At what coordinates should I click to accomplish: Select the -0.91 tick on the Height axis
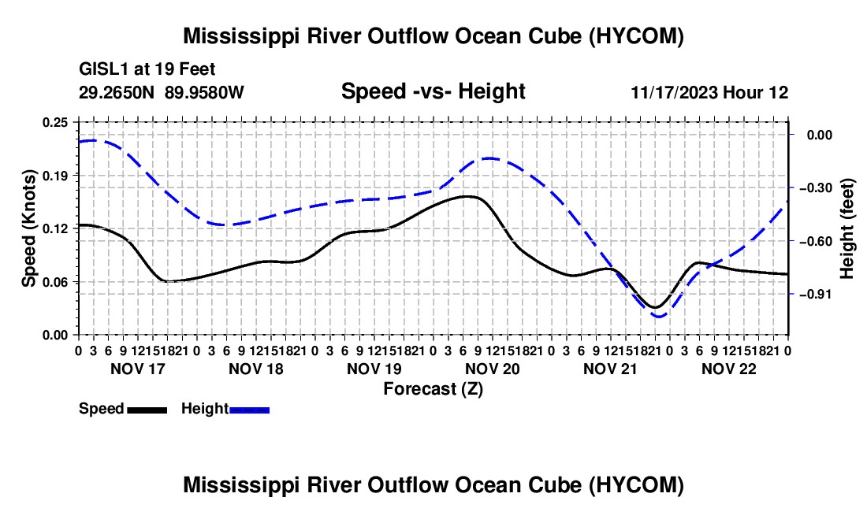816,295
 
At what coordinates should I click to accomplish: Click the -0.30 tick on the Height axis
816,188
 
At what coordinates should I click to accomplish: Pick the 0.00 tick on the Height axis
820,135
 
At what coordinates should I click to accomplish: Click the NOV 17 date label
138,369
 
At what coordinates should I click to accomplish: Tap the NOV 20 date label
492,369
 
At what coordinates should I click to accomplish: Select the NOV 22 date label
729,369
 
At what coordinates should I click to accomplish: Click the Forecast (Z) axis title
433,389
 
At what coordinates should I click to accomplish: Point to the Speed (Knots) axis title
28,228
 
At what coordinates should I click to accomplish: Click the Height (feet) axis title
847,228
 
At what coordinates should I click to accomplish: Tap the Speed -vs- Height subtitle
433,91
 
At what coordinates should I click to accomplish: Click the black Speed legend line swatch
147,410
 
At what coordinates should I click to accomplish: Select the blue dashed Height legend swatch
249,410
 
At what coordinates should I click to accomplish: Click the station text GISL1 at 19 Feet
147,69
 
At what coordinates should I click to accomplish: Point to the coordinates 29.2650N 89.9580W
162,92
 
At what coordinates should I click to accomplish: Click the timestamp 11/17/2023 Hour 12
709,92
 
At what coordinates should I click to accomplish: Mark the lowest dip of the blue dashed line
659,317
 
